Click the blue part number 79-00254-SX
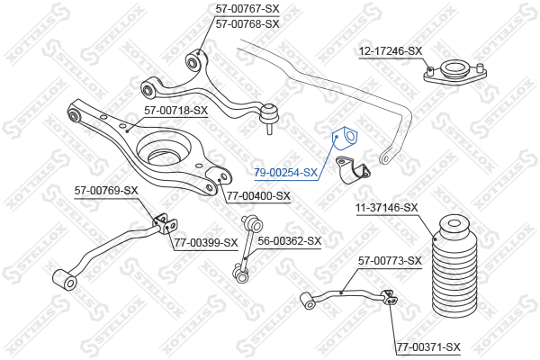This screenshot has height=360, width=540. pos(285,172)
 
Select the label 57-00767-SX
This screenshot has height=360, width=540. pos(247,8)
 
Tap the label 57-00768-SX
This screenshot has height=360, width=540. pos(247,24)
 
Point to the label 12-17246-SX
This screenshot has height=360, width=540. pos(391,51)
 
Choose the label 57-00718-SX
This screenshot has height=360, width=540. pos(176,111)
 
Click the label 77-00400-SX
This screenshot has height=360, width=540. pos(258,196)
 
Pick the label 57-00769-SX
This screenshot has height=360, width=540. pos(106,190)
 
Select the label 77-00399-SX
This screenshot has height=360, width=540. pos(206,243)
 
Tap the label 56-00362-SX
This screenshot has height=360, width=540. pos(289,241)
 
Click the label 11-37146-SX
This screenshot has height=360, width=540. pos(387,208)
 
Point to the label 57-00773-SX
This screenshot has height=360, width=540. pos(390,261)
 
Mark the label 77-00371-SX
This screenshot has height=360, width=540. pos(428,346)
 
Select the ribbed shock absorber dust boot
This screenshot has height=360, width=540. pos(454,266)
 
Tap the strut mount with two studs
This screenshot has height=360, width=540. pos(454,73)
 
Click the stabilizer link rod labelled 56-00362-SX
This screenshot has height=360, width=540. pos(247,248)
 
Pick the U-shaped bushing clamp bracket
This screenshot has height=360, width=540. pos(353,169)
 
